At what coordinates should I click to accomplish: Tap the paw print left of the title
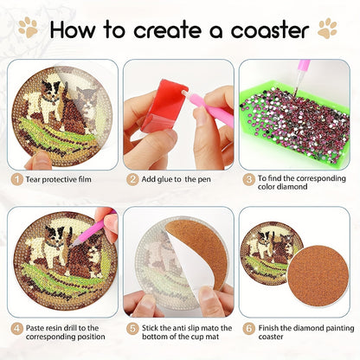28,29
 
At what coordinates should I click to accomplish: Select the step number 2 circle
132,178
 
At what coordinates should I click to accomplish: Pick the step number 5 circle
132,328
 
